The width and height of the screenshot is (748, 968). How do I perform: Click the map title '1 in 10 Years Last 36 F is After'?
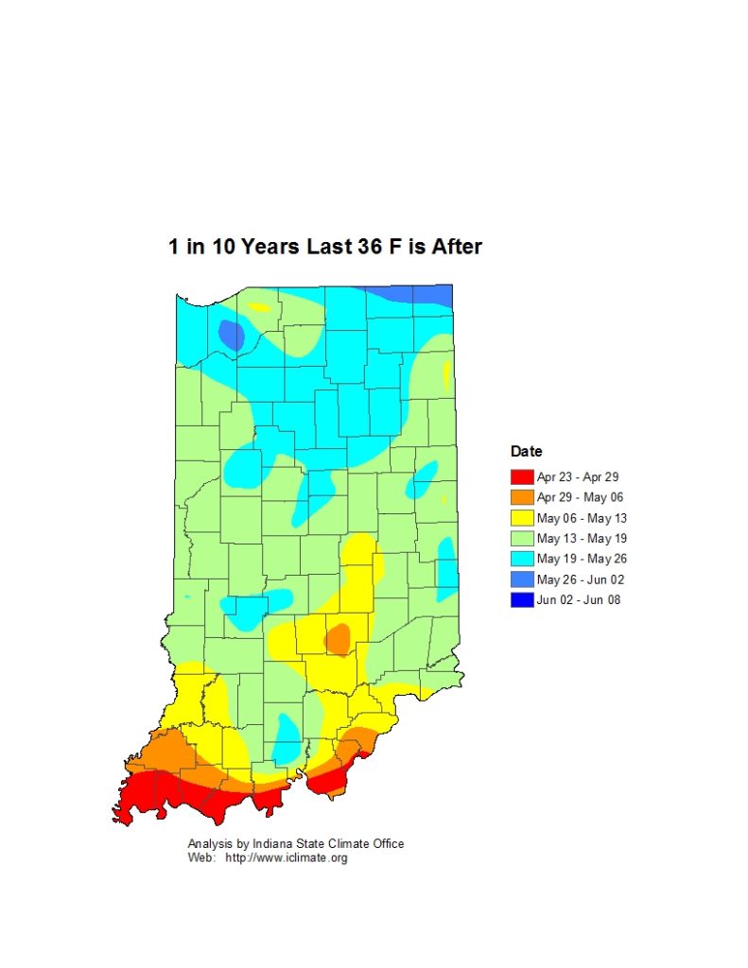[x=325, y=247]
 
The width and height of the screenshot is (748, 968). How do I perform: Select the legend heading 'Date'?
[x=526, y=452]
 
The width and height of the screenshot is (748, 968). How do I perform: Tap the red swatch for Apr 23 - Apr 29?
[x=522, y=476]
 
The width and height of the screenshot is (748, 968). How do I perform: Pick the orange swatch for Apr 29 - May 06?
[x=522, y=497]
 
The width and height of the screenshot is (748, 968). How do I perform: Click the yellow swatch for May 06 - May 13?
[x=522, y=518]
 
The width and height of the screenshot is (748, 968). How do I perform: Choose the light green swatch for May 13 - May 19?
[x=522, y=538]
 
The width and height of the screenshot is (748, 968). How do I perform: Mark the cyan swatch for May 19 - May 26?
[x=522, y=559]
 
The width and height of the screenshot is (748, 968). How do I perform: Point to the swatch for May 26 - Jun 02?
[x=522, y=579]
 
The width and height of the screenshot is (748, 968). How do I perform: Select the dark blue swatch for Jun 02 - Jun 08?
[x=522, y=599]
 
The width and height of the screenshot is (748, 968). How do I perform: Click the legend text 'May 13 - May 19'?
[x=581, y=538]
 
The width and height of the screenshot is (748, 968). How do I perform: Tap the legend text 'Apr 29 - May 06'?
[x=580, y=497]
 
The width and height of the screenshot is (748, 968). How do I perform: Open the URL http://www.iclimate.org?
[x=287, y=858]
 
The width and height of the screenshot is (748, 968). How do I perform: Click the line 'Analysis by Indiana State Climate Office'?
[x=296, y=844]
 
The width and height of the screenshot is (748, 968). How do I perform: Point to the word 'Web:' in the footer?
[x=201, y=858]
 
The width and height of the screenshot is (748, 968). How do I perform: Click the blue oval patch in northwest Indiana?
[x=230, y=335]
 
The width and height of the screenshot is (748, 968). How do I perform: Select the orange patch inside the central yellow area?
[x=338, y=639]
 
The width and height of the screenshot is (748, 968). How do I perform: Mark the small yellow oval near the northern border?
[x=259, y=307]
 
